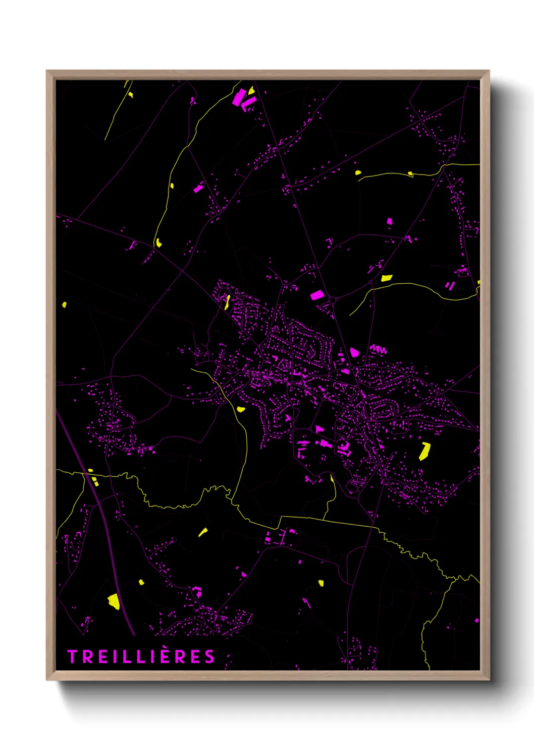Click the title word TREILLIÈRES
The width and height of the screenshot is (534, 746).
point(141,657)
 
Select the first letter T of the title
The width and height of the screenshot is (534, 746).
point(72,657)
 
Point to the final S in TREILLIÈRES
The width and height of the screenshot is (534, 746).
point(210,657)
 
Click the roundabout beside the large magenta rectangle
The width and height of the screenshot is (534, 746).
point(333,300)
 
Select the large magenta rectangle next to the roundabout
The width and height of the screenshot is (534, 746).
point(316,295)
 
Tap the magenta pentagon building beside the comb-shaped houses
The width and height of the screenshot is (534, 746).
point(354,352)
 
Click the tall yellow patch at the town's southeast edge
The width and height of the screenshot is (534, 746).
point(424,451)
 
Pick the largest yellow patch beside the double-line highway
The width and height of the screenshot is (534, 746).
point(114,601)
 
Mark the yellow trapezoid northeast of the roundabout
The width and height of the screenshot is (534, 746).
point(387,278)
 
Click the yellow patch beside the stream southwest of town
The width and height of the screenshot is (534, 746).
point(241,409)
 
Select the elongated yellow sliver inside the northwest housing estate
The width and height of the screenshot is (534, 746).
point(228,301)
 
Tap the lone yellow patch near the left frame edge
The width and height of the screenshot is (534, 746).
point(64,304)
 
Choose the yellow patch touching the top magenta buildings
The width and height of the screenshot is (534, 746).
point(251,91)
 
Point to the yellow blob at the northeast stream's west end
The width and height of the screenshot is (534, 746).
point(358,172)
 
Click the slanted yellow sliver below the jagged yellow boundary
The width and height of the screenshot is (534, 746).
point(202,532)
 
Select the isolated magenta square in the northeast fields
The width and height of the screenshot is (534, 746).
point(389,221)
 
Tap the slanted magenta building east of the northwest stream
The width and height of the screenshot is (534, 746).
point(198,189)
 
